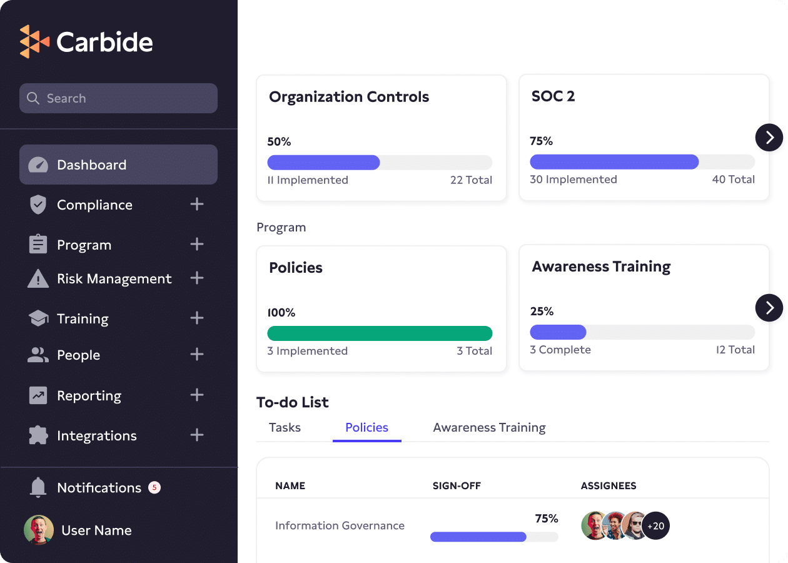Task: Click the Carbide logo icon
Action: (x=34, y=42)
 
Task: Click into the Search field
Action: (x=119, y=98)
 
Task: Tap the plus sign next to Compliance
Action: (x=197, y=204)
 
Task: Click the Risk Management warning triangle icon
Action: (x=38, y=278)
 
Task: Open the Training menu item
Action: (x=83, y=318)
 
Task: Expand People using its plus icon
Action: (x=197, y=355)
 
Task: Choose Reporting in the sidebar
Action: (x=89, y=395)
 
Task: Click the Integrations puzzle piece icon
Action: (x=38, y=435)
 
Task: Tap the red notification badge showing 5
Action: (x=154, y=487)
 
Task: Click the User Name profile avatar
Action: (x=39, y=530)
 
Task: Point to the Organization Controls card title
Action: (x=349, y=97)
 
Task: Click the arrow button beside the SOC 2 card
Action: (x=769, y=137)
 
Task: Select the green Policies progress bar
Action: (x=380, y=333)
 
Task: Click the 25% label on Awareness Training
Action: (x=542, y=312)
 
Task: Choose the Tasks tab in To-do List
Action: (x=285, y=427)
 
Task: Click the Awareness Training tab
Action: (x=489, y=427)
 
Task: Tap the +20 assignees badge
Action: (x=656, y=526)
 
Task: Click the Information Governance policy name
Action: (x=340, y=525)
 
